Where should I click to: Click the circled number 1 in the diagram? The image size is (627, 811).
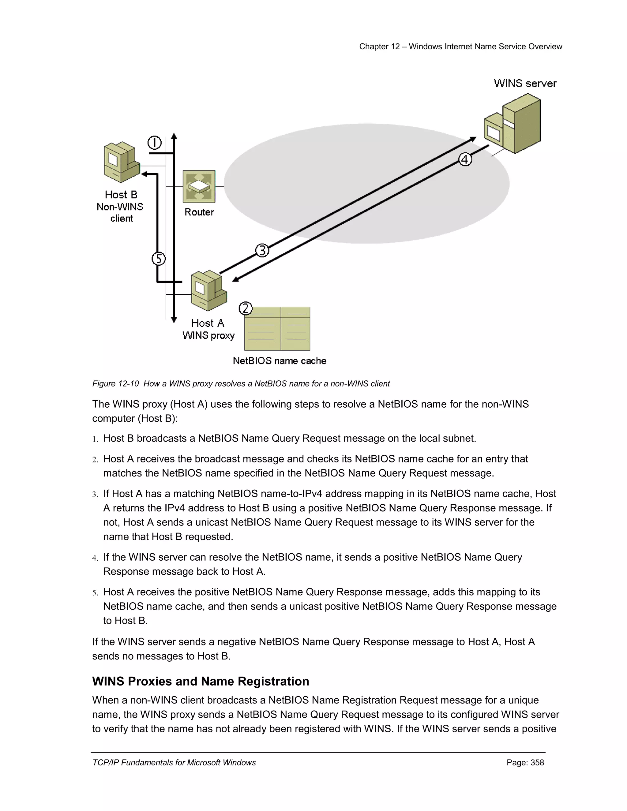155,143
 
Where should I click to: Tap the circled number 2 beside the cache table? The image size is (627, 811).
245,308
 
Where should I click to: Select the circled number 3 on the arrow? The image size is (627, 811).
262,251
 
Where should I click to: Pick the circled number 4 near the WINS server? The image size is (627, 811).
465,160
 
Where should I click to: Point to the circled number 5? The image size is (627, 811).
159,259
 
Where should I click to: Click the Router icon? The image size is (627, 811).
199,186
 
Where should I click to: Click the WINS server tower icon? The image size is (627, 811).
512,124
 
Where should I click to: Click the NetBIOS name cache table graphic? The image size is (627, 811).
277,329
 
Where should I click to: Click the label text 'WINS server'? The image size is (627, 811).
525,83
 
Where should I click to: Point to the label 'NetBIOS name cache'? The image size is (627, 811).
279,361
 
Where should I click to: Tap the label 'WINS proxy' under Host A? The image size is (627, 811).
208,335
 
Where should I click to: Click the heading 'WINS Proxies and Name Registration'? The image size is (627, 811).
201,682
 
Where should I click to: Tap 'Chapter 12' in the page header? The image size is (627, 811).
379,47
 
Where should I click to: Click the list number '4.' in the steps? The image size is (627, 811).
95,558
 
